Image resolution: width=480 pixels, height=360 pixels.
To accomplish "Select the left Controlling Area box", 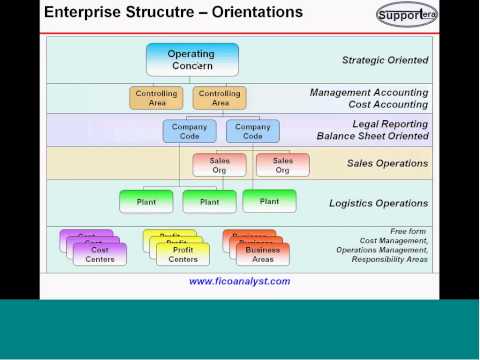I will [x=157, y=98].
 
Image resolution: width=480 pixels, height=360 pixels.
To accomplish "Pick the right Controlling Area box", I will [x=220, y=98].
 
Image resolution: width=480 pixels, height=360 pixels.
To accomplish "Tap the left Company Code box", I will [x=189, y=131].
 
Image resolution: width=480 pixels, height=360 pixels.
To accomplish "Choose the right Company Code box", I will [x=252, y=131].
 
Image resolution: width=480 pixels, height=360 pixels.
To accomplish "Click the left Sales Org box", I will [x=219, y=164].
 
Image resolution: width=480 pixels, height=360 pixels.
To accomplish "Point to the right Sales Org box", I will [x=283, y=164].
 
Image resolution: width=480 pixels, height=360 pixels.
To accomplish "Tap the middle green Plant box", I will [x=209, y=201].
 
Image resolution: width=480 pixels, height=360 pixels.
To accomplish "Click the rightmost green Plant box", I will [x=270, y=200].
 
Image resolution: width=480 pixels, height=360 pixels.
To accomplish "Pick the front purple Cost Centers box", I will [x=100, y=254].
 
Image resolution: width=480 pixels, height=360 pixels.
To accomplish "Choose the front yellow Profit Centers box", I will [x=183, y=254].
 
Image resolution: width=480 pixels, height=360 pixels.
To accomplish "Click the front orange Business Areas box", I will [x=262, y=254].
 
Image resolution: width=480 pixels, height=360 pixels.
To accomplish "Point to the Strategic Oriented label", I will [x=385, y=60].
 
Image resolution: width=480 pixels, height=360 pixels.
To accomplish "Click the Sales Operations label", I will [x=387, y=163].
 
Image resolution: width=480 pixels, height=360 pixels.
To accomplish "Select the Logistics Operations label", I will [x=378, y=203].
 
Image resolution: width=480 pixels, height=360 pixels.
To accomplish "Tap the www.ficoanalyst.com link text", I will [x=240, y=281].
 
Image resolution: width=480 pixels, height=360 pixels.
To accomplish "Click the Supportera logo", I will [x=407, y=14].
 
